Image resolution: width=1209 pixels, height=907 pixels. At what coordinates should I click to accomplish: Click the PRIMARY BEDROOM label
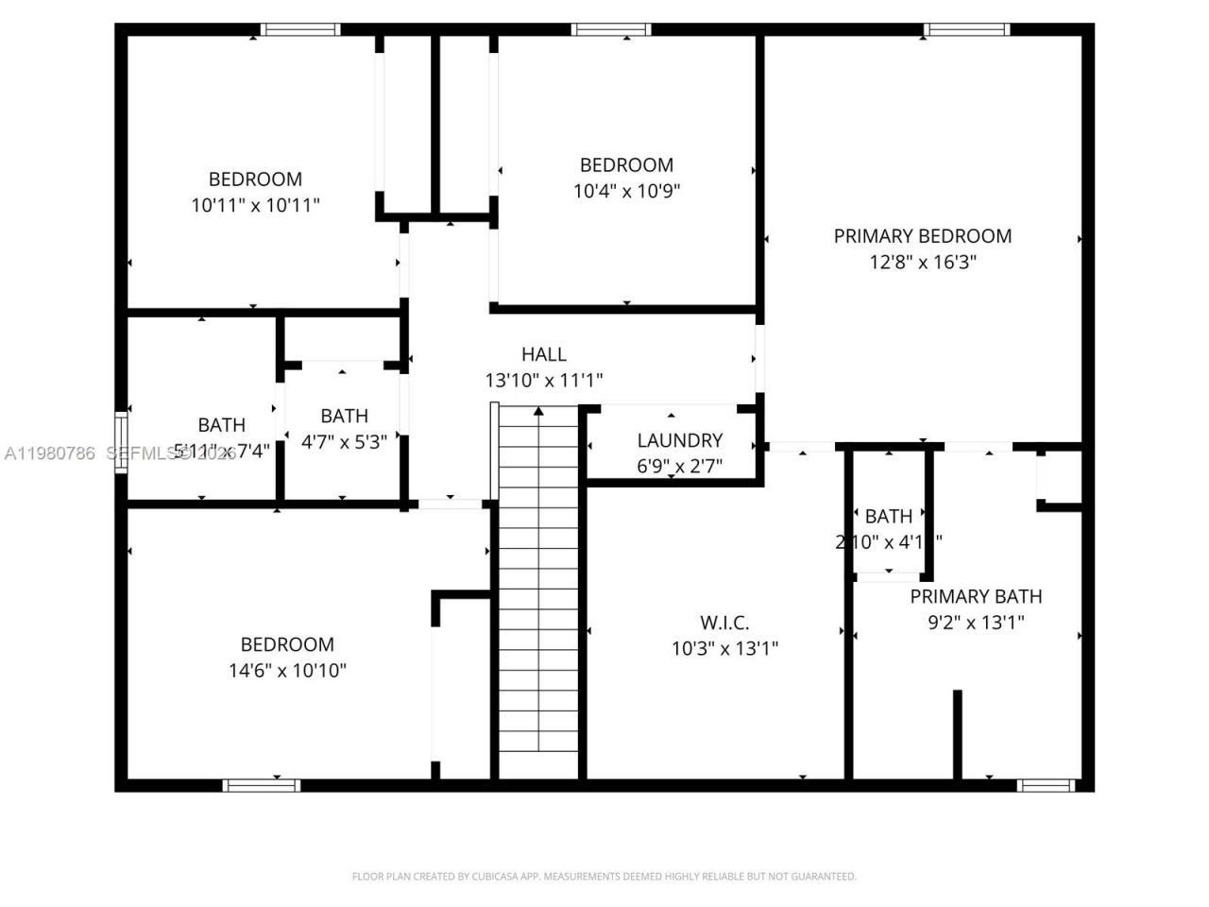pyautogui.click(x=922, y=236)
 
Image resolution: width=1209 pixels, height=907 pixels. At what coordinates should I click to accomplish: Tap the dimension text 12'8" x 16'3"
pyautogui.click(x=922, y=262)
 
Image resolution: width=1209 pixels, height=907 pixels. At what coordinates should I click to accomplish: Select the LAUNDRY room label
pyautogui.click(x=679, y=440)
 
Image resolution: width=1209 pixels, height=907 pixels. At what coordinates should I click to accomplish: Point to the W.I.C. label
pyautogui.click(x=724, y=623)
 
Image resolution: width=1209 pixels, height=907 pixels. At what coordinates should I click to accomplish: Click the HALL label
pyautogui.click(x=544, y=354)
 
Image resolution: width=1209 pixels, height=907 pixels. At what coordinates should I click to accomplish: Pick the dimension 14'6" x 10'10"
pyautogui.click(x=287, y=671)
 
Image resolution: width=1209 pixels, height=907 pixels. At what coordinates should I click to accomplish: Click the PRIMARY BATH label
pyautogui.click(x=976, y=596)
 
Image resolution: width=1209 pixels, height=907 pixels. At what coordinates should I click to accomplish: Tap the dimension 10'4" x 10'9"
pyautogui.click(x=626, y=191)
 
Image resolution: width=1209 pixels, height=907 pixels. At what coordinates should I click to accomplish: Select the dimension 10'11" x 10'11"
pyautogui.click(x=255, y=205)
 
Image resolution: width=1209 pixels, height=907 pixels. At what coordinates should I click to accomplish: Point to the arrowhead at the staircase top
pyautogui.click(x=538, y=411)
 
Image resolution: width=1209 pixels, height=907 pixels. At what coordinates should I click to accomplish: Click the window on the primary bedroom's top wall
pyautogui.click(x=967, y=30)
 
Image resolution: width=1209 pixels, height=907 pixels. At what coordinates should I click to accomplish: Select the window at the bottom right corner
pyautogui.click(x=1046, y=785)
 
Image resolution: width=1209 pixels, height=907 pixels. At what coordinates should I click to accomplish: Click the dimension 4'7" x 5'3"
pyautogui.click(x=344, y=441)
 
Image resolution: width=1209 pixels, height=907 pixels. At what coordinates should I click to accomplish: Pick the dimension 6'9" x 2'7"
pyautogui.click(x=679, y=466)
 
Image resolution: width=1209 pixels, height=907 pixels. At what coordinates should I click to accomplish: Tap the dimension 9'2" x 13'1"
pyautogui.click(x=976, y=622)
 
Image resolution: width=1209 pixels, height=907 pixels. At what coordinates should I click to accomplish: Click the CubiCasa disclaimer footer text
pyautogui.click(x=604, y=877)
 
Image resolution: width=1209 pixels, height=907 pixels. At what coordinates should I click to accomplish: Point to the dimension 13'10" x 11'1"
pyautogui.click(x=544, y=380)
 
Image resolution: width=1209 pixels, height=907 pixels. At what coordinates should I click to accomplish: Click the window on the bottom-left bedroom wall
pyautogui.click(x=262, y=785)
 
